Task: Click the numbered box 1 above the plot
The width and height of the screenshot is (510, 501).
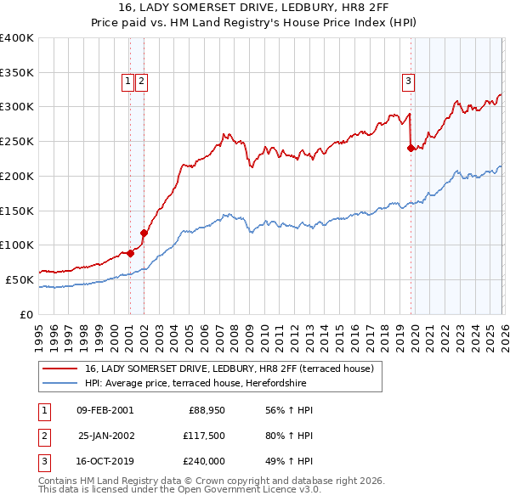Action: [127, 82]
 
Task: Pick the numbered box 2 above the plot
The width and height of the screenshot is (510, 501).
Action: [141, 82]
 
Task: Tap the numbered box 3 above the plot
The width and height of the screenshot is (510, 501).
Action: [408, 82]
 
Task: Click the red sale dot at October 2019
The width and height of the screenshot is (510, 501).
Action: [411, 148]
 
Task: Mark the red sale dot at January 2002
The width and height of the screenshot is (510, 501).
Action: [144, 233]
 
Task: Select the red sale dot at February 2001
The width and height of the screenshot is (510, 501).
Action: [130, 252]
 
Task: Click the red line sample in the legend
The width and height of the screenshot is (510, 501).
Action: [60, 369]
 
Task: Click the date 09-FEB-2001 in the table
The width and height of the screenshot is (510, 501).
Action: [105, 410]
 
